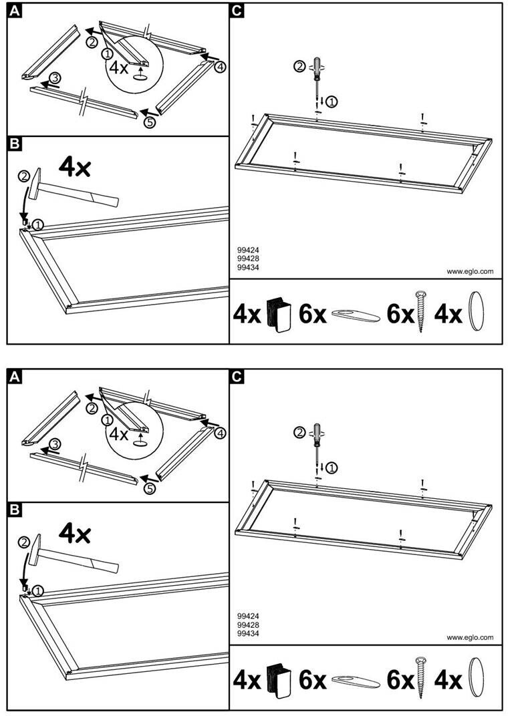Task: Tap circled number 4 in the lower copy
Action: pyautogui.click(x=221, y=433)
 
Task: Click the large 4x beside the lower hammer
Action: pyautogui.click(x=74, y=532)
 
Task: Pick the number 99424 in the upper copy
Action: pyautogui.click(x=247, y=250)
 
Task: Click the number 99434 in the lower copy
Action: pyautogui.click(x=247, y=633)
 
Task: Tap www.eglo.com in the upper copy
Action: pyautogui.click(x=470, y=271)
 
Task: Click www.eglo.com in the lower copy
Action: pyautogui.click(x=470, y=637)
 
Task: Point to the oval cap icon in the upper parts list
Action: pyautogui.click(x=476, y=313)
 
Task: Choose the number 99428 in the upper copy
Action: pyautogui.click(x=247, y=259)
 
